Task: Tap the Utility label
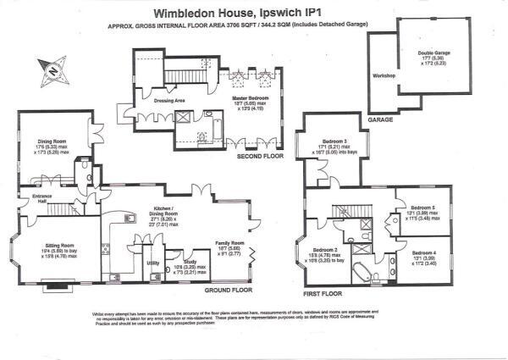153,263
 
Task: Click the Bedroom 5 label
422,208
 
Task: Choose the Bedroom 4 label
424,253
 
